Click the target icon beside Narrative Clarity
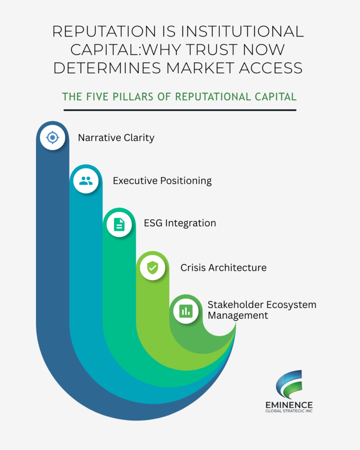(x=53, y=138)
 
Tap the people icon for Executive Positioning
(x=86, y=181)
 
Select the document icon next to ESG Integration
(x=119, y=225)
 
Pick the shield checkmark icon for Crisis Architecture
(x=153, y=268)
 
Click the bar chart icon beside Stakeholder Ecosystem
(x=186, y=311)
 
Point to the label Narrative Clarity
(x=116, y=138)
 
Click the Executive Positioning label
(x=162, y=181)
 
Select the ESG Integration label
(x=180, y=223)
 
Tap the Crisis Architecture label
(x=224, y=268)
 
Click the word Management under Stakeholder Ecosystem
(x=238, y=316)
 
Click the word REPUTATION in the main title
(x=104, y=31)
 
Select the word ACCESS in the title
(x=271, y=68)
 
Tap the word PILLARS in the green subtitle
(x=133, y=97)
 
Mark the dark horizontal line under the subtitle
(x=180, y=110)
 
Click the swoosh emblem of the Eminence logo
(x=289, y=384)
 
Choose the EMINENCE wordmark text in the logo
(x=289, y=405)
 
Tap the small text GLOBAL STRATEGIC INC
(x=289, y=411)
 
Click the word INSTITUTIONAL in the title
(x=240, y=31)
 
